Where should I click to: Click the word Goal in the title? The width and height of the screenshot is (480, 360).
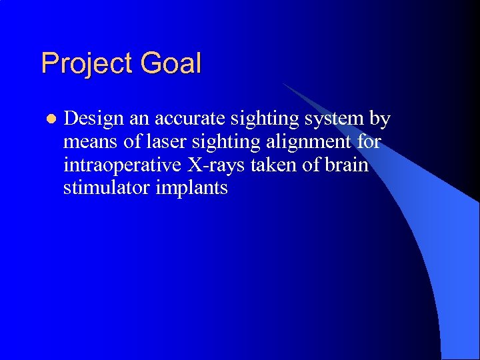[171, 64]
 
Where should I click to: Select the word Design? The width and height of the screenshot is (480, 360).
[94, 119]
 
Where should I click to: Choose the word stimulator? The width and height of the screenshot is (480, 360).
[107, 188]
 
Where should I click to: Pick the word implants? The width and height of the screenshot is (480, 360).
[192, 188]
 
